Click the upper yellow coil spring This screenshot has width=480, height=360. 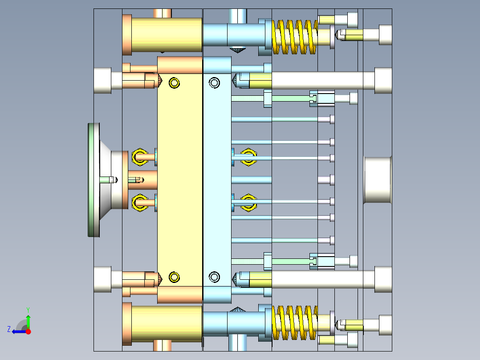pyautogui.click(x=294, y=37)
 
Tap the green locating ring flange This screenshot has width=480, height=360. pyautogui.click(x=94, y=180)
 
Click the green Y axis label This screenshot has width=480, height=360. pyautogui.click(x=28, y=309)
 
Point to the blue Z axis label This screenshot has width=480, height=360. pyautogui.click(x=9, y=329)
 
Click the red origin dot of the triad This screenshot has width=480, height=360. pyautogui.click(x=28, y=331)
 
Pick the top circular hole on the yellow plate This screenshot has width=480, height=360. pyautogui.click(x=174, y=83)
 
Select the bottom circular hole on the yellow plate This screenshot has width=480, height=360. pyautogui.click(x=174, y=277)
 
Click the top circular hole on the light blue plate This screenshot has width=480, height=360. pyautogui.click(x=215, y=83)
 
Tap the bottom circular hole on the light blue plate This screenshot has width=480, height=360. pyautogui.click(x=215, y=277)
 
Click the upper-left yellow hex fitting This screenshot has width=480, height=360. pyautogui.click(x=139, y=157)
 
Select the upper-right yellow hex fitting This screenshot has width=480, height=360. pyautogui.click(x=248, y=157)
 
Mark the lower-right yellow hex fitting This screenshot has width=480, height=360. pyautogui.click(x=248, y=203)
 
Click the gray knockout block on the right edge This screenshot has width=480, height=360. pyautogui.click(x=378, y=180)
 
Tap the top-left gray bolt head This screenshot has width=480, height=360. pyautogui.click(x=102, y=81)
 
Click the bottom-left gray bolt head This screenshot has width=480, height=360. pyautogui.click(x=102, y=279)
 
